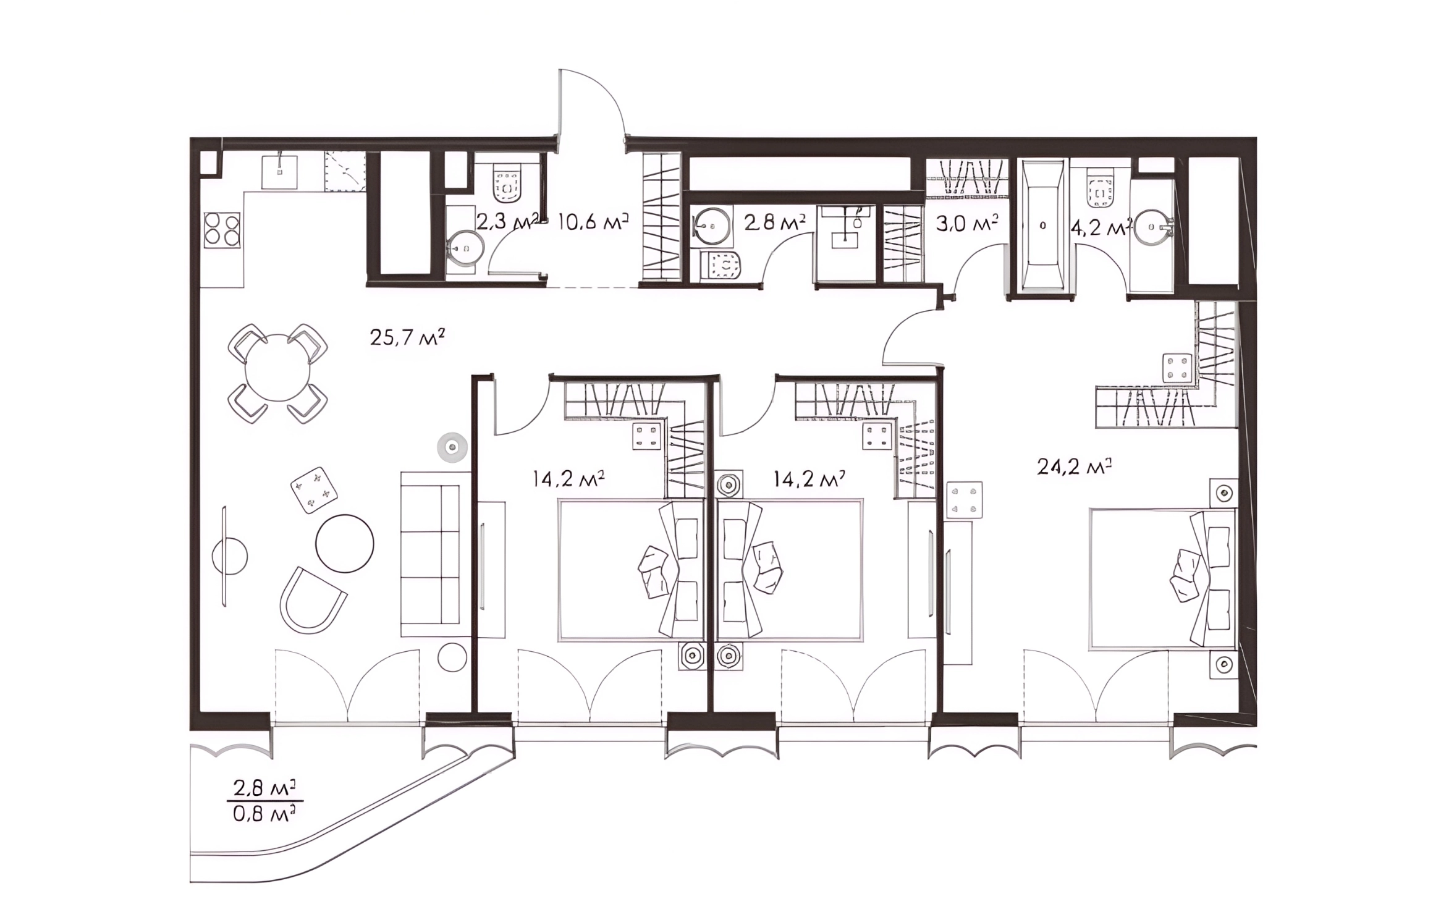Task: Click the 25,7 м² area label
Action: click(407, 337)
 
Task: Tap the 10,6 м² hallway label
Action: click(593, 221)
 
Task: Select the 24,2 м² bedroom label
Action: click(1075, 467)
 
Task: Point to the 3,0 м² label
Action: click(966, 222)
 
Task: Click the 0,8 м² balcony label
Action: click(264, 813)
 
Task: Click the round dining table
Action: click(278, 368)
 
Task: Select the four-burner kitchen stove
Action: click(222, 230)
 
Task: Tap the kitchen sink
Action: click(279, 172)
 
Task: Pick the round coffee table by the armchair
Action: click(345, 544)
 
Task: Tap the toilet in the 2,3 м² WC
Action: click(507, 183)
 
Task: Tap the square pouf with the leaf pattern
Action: click(314, 490)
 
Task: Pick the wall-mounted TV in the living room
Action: click(224, 556)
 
